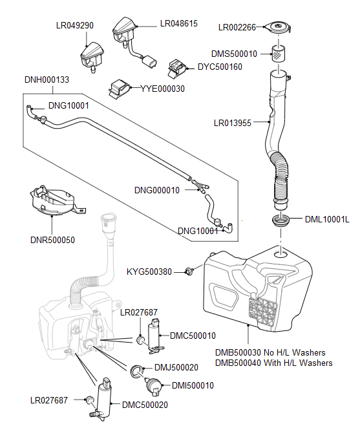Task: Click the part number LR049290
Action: [75, 25]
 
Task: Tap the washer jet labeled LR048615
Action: [125, 33]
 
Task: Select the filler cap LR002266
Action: [278, 27]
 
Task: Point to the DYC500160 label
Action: [220, 67]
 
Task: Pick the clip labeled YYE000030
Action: [120, 89]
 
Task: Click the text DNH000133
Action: [47, 80]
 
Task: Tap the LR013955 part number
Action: [232, 123]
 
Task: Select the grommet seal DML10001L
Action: [281, 220]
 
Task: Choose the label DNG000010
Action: [157, 190]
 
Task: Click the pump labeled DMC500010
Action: [154, 336]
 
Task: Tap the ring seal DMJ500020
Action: [137, 370]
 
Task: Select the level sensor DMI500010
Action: [153, 386]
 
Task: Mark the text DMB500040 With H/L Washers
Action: [274, 363]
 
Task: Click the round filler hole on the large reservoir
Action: [281, 254]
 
